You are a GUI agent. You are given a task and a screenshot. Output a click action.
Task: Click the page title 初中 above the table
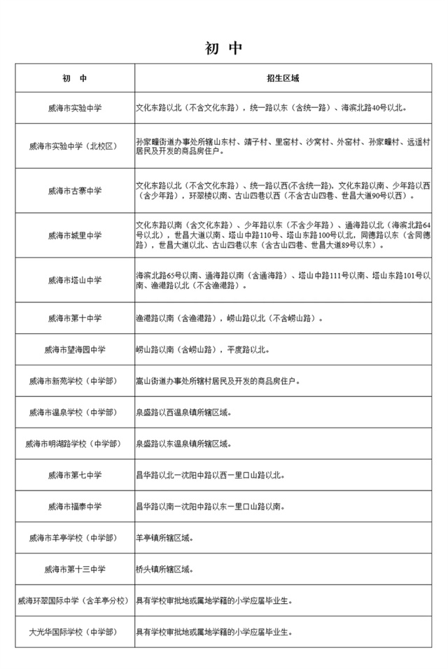(x=223, y=48)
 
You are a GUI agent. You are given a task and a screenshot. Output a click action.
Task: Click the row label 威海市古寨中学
(x=75, y=190)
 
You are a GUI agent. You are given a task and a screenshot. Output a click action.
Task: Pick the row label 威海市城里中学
(x=75, y=235)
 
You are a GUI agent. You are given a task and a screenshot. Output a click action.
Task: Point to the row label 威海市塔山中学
(x=75, y=280)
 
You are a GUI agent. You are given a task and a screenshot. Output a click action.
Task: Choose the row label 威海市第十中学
(x=75, y=318)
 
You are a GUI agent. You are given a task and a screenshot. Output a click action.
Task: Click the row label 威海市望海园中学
(x=75, y=350)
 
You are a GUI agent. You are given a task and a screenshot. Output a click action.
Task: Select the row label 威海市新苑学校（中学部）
(x=75, y=381)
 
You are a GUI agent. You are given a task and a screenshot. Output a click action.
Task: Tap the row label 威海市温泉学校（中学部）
(x=75, y=412)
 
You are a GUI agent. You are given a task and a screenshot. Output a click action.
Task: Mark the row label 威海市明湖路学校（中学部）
(x=75, y=444)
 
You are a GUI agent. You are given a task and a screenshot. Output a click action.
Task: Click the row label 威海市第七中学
(x=75, y=475)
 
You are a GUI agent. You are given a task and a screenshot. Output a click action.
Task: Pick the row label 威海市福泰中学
(x=75, y=507)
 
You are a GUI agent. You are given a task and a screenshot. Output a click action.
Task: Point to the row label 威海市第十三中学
(x=75, y=569)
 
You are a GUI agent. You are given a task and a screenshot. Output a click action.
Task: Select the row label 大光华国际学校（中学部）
(x=75, y=632)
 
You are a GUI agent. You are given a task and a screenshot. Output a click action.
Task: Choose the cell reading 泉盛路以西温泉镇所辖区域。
(x=183, y=412)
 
